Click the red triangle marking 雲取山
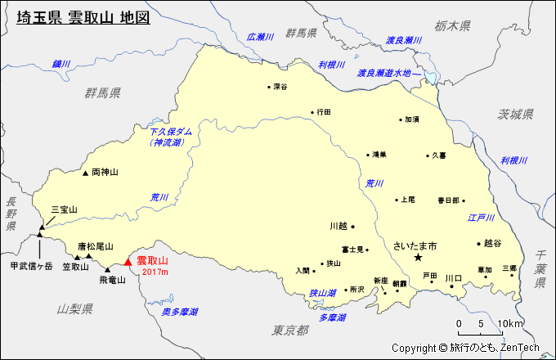tap(127, 262)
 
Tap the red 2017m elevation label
tap(155, 272)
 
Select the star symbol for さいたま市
tap(418, 258)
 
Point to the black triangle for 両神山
tap(85, 173)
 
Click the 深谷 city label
tap(280, 86)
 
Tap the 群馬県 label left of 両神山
tap(102, 92)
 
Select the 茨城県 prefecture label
tap(516, 114)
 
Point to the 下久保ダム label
tap(171, 131)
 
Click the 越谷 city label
tap(491, 243)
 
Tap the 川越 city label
tap(339, 226)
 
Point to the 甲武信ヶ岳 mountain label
tap(31, 266)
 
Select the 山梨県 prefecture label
tap(75, 308)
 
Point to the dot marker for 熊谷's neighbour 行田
tap(312, 112)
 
